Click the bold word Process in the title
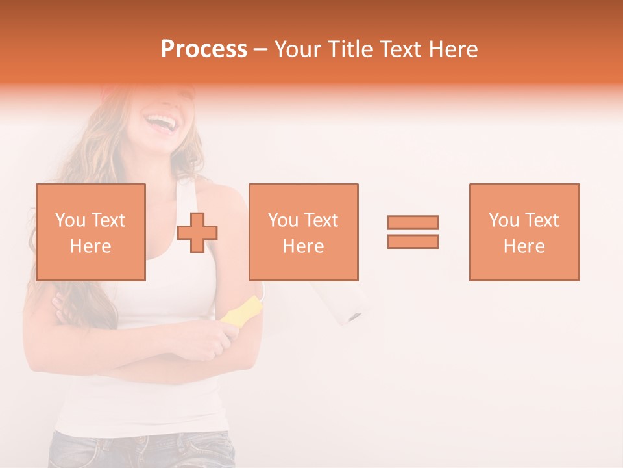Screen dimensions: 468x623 (204, 49)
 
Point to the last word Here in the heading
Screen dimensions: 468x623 (456, 49)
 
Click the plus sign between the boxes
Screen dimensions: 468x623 (197, 233)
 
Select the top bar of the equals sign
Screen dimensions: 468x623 (413, 222)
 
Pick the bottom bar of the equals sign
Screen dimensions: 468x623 (413, 241)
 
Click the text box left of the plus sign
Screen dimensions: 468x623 (90, 232)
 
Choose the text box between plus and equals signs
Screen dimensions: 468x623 (303, 232)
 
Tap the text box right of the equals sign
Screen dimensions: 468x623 (524, 232)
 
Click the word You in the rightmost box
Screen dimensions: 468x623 (504, 220)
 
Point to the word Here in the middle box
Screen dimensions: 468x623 (303, 246)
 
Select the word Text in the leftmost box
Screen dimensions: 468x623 (108, 220)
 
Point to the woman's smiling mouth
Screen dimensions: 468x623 (160, 121)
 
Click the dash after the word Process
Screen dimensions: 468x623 (260, 49)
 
